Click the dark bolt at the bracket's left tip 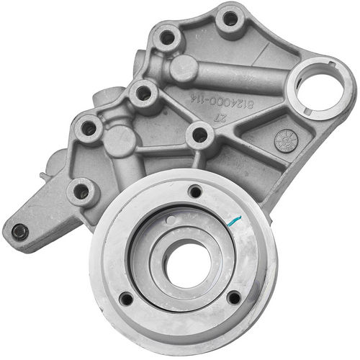coord(20,231)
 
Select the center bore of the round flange coord(186,264)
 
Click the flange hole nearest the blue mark coord(195,192)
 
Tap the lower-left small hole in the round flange coord(127,298)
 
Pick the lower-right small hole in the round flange coord(233,296)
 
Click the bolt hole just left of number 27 coord(200,135)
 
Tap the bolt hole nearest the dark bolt coord(81,192)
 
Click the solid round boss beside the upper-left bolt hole coord(184,67)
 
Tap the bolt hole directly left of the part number coord(143,93)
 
